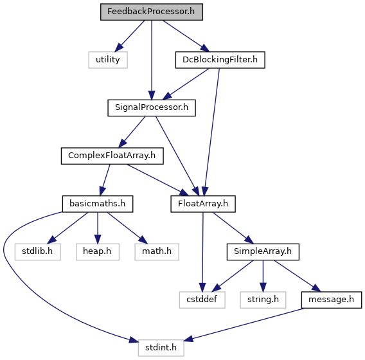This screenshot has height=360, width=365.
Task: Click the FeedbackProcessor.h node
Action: coord(152,12)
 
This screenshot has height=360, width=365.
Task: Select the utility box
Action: coord(108,60)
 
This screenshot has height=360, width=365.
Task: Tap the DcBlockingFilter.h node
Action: coord(220,60)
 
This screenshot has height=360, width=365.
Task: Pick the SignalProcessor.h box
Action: coord(152,108)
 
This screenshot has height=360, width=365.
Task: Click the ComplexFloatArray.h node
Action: coord(112,156)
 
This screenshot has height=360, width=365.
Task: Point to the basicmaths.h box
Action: coord(98,204)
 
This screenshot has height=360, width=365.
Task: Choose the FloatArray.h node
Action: coord(203,204)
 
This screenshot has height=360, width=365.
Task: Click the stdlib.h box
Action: coord(38,252)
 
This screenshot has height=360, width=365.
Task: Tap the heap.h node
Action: coord(98,252)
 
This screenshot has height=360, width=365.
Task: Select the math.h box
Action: coord(157,252)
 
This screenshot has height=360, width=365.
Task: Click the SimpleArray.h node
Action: coord(263,252)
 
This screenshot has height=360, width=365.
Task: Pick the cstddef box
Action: coord(202,300)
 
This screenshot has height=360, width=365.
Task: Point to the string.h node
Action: coord(263,300)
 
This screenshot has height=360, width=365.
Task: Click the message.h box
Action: coord(332,300)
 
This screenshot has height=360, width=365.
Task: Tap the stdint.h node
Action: coord(161,348)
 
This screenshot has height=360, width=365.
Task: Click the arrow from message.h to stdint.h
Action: coord(244,325)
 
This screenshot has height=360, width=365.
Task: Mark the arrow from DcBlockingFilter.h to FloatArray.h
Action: coord(212,132)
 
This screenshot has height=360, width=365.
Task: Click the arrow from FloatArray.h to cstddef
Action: coord(203,252)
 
